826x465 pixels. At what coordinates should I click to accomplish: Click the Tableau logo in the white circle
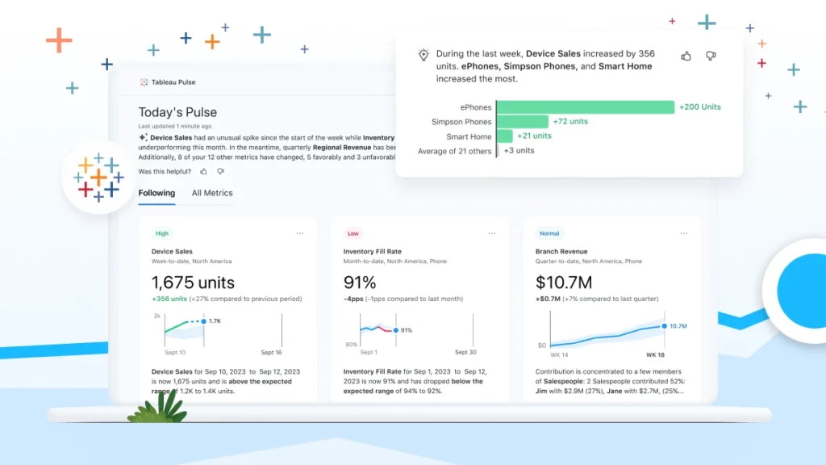(x=98, y=177)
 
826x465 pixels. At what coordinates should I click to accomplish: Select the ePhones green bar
(x=586, y=107)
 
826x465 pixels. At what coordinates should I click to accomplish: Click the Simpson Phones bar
(x=523, y=121)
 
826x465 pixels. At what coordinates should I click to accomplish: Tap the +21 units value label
(x=534, y=136)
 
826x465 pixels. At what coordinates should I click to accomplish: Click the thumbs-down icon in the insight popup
(x=711, y=56)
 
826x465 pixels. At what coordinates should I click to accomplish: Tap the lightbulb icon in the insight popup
(x=423, y=55)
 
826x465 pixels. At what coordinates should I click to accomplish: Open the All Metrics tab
(x=212, y=193)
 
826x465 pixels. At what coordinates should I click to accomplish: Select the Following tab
(x=156, y=193)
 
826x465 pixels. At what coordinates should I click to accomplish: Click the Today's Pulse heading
(x=177, y=112)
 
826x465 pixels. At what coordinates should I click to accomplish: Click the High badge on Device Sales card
(x=162, y=233)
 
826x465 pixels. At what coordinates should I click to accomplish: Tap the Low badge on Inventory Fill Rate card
(x=353, y=233)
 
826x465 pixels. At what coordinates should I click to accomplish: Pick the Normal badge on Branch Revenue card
(x=549, y=233)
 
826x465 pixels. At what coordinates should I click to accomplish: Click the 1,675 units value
(x=193, y=283)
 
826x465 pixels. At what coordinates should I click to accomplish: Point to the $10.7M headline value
(x=564, y=283)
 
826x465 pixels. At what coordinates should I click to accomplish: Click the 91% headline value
(x=360, y=283)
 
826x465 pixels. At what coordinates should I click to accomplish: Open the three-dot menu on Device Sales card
(x=300, y=233)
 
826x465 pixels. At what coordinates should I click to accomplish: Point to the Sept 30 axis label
(x=465, y=353)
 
